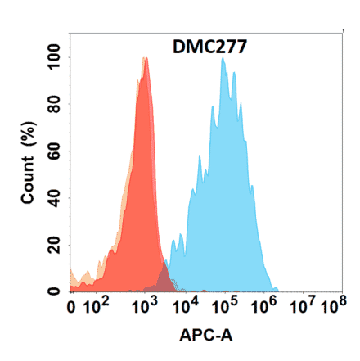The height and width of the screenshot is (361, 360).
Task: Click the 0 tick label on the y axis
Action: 56,290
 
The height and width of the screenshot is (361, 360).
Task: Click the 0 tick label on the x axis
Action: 73,309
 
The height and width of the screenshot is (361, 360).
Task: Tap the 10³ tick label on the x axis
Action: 144,308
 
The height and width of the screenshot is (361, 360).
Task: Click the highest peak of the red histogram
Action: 145,58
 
